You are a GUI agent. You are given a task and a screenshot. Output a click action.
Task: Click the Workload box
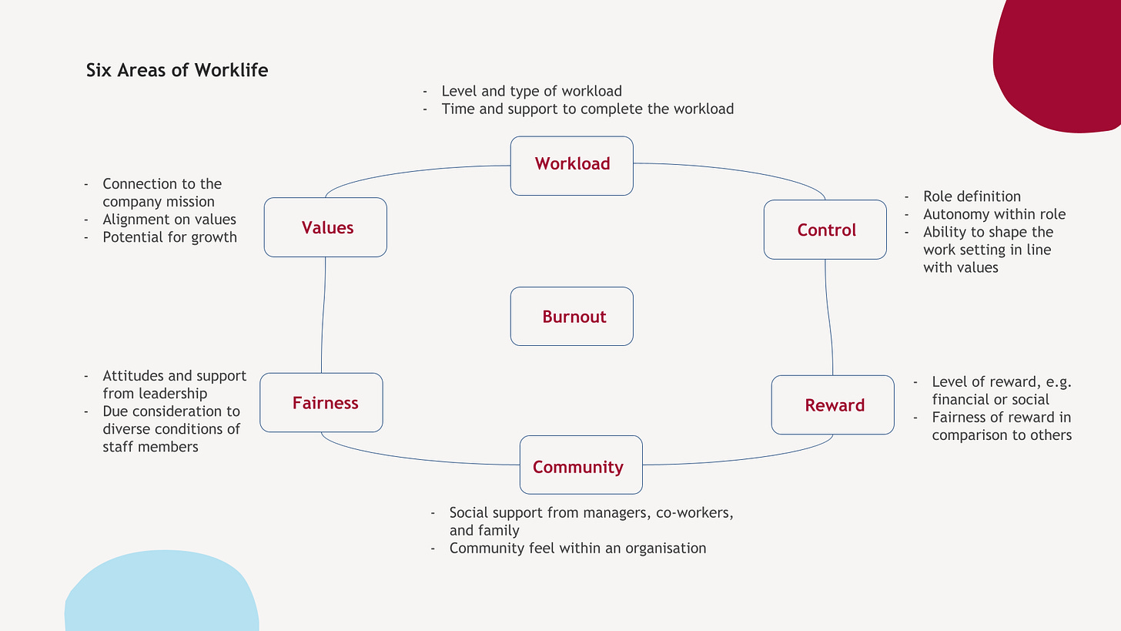(x=572, y=165)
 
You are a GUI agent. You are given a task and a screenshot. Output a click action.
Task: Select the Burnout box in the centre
(x=572, y=317)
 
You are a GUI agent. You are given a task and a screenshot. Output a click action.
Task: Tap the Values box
(x=326, y=227)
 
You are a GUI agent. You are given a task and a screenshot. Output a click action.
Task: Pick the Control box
(x=825, y=230)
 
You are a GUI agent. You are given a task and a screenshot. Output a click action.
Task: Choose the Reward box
(x=833, y=405)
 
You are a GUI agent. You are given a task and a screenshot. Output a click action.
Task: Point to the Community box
(x=581, y=465)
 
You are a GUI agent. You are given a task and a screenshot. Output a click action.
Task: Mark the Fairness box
(x=322, y=403)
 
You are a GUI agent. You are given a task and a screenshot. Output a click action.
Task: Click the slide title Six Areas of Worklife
(x=177, y=70)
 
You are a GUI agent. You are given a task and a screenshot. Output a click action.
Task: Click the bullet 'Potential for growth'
(x=169, y=237)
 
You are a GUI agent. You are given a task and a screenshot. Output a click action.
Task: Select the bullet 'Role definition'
(x=972, y=196)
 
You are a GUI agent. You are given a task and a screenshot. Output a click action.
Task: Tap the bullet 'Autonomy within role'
(x=994, y=214)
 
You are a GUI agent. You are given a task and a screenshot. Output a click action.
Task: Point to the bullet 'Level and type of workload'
(x=531, y=91)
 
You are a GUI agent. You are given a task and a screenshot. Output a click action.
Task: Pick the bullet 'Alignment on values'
(x=169, y=220)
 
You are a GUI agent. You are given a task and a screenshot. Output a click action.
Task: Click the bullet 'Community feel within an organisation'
(x=577, y=549)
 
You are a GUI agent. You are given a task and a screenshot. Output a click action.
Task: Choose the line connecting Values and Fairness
(x=323, y=316)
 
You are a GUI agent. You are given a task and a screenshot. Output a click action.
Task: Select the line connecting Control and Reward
(x=829, y=317)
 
